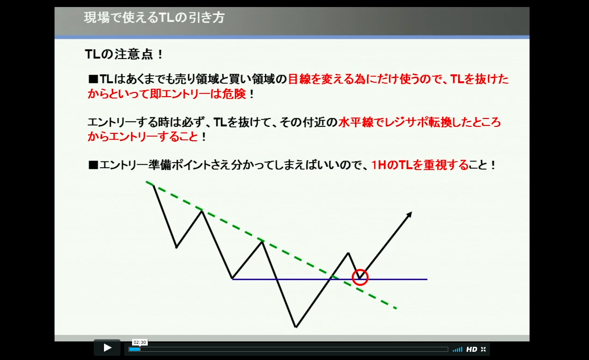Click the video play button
pos(107,348)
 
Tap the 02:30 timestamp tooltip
pos(140,342)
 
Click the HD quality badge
pos(472,349)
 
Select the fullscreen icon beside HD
pos(483,349)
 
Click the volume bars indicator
pos(457,350)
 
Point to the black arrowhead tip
pos(412,212)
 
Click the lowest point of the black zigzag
pos(296,327)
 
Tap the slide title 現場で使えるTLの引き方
pos(154,18)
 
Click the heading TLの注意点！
pos(124,54)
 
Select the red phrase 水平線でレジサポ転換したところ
pos(420,122)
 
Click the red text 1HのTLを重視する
pos(420,165)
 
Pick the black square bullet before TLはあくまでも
pos(93,79)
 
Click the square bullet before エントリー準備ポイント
pos(93,165)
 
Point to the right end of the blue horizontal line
pos(427,279)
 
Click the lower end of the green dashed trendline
pos(397,308)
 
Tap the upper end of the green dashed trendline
pos(147,182)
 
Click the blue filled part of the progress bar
pos(135,349)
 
